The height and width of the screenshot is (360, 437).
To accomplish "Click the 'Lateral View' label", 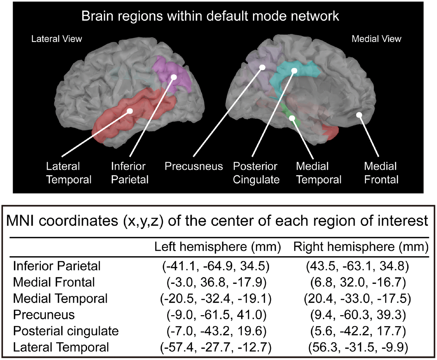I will (x=57, y=39).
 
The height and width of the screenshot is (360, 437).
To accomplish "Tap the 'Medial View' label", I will (x=376, y=39).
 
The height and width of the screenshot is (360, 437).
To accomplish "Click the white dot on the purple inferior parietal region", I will (x=174, y=77).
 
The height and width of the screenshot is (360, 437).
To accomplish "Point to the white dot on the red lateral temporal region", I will (x=129, y=111).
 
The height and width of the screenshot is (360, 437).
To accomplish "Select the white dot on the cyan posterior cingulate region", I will (x=294, y=71).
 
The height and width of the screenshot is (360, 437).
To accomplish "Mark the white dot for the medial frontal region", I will (x=359, y=115).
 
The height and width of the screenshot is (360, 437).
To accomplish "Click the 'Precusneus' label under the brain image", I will (x=194, y=167).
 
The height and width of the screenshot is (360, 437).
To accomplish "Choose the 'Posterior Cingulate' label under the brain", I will (x=255, y=173).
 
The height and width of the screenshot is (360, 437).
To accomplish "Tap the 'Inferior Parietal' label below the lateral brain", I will (x=130, y=173).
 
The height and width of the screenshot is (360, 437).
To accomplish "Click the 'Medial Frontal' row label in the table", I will (x=54, y=282).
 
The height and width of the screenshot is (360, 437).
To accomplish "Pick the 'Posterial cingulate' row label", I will (x=66, y=331).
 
